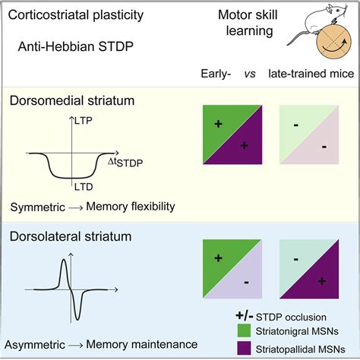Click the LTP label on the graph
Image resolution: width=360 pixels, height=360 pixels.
point(84,121)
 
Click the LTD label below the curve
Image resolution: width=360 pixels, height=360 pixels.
point(84,187)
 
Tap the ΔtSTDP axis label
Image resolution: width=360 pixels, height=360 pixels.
point(125,163)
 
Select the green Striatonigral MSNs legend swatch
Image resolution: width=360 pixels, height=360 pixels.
point(244,330)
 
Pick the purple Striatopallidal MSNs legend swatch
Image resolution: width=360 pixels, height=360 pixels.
point(244,348)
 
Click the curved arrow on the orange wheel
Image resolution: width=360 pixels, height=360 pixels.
point(333,47)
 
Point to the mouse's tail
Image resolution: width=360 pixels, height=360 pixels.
point(300,38)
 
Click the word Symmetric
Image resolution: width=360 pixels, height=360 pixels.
point(38,207)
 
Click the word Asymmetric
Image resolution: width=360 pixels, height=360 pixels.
point(35,345)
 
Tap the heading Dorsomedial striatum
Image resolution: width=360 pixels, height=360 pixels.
point(72,100)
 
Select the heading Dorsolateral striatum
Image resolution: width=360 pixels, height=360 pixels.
point(71,236)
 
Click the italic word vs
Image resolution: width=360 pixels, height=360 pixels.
point(250,74)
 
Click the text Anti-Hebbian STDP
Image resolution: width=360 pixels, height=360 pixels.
point(76,46)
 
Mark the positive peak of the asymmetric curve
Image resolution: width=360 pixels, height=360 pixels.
point(64,259)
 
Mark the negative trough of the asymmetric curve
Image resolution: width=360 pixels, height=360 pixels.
point(77,318)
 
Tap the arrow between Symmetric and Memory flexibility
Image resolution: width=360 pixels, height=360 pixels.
point(75,208)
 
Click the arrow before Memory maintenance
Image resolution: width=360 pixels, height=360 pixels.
point(75,345)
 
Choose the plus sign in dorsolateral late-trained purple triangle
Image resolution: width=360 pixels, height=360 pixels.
point(322,281)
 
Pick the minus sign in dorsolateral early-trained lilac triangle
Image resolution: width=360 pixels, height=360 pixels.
point(246,283)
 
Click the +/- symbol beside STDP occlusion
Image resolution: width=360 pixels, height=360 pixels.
point(245,316)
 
